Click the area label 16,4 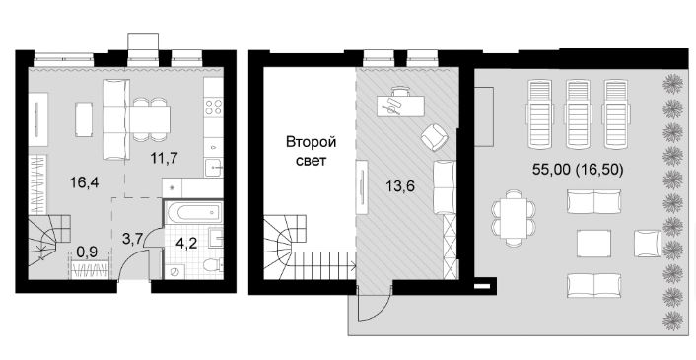[x=85, y=182]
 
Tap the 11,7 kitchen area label [x=165, y=158]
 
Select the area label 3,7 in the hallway [x=132, y=239]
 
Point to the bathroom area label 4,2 [x=187, y=244]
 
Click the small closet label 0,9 [x=87, y=252]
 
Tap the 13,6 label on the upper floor [x=400, y=186]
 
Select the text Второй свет [x=312, y=151]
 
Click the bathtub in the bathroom [x=193, y=213]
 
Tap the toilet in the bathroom [x=213, y=265]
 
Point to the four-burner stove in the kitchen [x=213, y=108]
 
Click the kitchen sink [x=214, y=168]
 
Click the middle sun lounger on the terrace [x=578, y=114]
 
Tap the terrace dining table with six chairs [x=513, y=218]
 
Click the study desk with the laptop [x=400, y=104]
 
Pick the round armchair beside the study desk [x=434, y=137]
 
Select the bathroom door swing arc [x=154, y=240]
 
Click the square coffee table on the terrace [x=593, y=244]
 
